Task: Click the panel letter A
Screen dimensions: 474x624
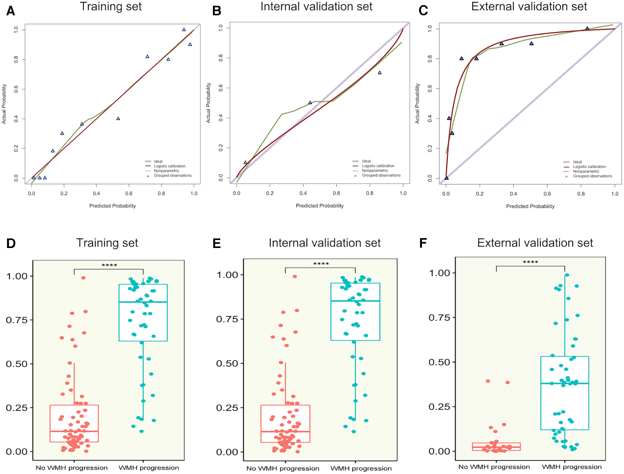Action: pyautogui.click(x=11, y=11)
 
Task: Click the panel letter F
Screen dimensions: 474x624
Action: pyautogui.click(x=423, y=243)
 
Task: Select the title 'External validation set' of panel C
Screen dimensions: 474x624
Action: pyautogui.click(x=529, y=7)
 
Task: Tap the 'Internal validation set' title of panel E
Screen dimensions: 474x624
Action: pyautogui.click(x=324, y=243)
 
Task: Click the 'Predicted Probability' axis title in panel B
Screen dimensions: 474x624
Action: pyautogui.click(x=320, y=206)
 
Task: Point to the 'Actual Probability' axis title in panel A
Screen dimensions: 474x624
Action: pyautogui.click(x=4, y=104)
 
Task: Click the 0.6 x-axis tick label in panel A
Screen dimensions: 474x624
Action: pyautogui.click(x=129, y=193)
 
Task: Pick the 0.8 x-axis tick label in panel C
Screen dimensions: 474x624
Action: pyautogui.click(x=581, y=194)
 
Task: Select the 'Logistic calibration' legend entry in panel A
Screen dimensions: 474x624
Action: pyautogui.click(x=169, y=166)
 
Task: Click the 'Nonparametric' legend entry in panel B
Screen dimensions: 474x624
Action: pyautogui.click(x=375, y=171)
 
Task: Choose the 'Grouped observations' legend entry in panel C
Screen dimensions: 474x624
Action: pyautogui.click(x=592, y=176)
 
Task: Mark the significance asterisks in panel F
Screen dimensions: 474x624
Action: pyautogui.click(x=530, y=262)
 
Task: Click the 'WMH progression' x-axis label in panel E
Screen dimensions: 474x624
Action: pyautogui.click(x=361, y=469)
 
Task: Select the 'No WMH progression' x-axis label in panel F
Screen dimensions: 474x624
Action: pyautogui.click(x=494, y=467)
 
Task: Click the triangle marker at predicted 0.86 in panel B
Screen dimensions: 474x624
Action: pyautogui.click(x=380, y=73)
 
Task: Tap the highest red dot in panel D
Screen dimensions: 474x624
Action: pyautogui.click(x=83, y=278)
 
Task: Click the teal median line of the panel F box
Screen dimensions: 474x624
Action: pyautogui.click(x=564, y=383)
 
